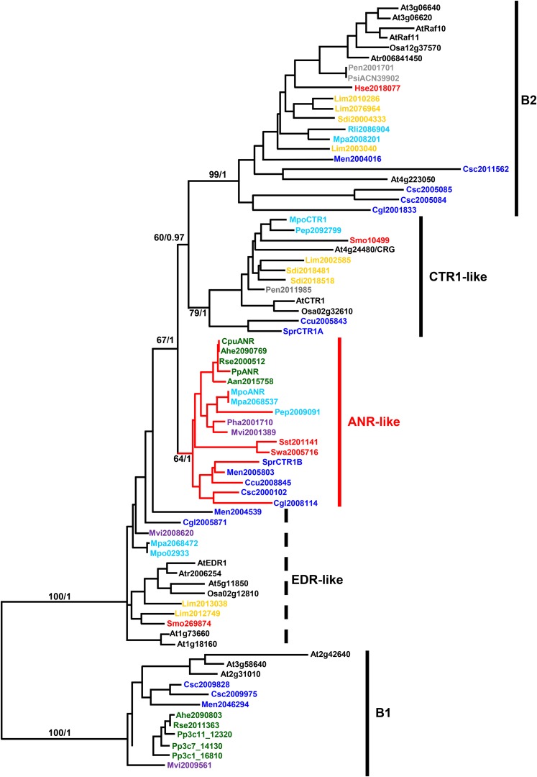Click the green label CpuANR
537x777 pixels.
coord(239,342)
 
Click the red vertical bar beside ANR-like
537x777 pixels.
coord(339,422)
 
